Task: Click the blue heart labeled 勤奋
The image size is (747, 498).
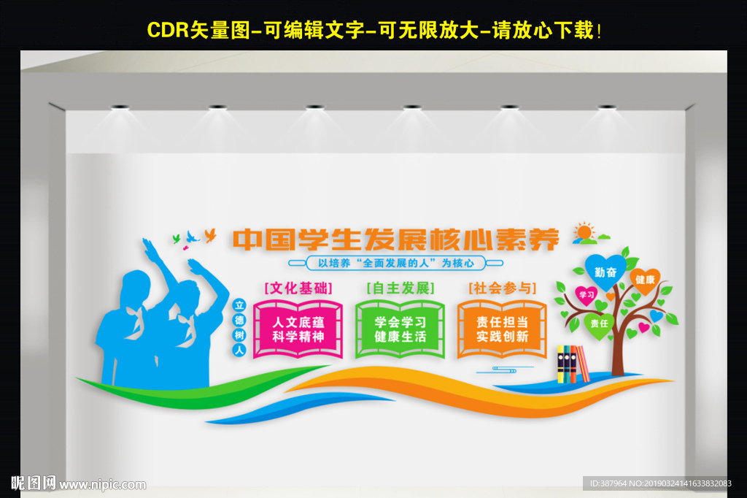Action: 605,271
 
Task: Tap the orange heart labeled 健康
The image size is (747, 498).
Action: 644,280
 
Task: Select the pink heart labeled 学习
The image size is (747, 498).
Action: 586,294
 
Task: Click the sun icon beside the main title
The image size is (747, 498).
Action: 584,233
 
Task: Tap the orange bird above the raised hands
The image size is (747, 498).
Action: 210,234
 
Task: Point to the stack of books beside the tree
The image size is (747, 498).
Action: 572,364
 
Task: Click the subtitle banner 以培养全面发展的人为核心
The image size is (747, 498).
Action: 396,263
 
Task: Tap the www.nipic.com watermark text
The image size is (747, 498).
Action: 103,484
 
